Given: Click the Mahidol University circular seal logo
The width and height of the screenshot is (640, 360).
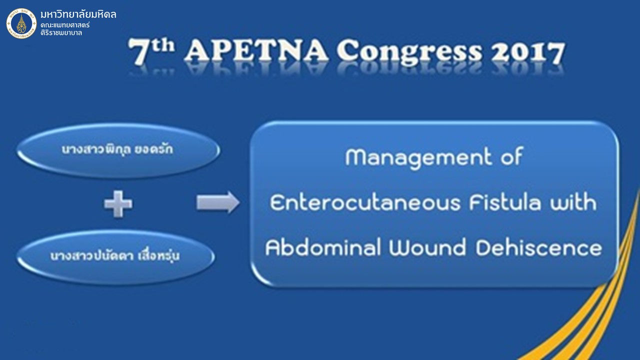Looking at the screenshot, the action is pos(21,23).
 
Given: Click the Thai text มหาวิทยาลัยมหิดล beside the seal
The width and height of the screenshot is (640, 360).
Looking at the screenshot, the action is pos(78,14).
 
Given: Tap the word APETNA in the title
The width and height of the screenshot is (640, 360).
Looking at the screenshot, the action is pos(256,51).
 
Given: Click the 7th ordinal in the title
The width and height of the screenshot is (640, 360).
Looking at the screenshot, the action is pos(151,51).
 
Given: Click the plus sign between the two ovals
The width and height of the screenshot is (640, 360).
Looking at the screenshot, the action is pos(118,203).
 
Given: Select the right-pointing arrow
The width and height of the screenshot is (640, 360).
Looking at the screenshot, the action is pos(217,202).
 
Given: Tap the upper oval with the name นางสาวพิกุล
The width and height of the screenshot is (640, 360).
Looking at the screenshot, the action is pos(118,150).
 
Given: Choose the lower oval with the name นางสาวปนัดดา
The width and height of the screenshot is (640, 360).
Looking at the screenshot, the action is pos(115,256).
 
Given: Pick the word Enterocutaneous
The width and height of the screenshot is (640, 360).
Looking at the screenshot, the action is pos(365,202).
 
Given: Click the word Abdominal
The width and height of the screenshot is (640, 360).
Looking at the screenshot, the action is pos(323,247).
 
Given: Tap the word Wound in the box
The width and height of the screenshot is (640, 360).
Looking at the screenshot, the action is pos(427,247).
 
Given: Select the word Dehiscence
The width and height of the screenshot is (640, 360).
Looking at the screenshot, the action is pos(538,247).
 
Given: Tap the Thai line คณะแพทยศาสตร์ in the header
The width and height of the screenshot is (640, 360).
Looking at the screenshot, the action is pos(65,25).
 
